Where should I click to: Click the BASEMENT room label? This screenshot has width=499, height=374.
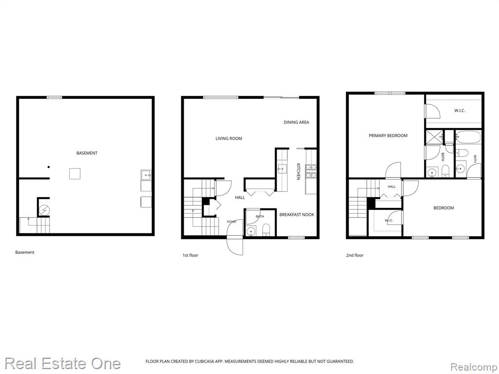87,153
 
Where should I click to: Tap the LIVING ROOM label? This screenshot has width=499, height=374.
229,138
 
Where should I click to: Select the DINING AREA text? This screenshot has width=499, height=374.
296,122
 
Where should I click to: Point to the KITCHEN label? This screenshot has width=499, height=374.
299,171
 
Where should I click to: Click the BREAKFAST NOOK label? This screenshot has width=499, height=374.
297,215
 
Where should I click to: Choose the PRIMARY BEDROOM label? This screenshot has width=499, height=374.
388,135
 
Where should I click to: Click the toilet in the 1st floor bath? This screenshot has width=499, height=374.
266,230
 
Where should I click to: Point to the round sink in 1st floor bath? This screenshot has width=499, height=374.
251,231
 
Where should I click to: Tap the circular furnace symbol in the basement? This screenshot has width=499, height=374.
43,210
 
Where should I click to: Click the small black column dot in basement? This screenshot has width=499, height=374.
49,167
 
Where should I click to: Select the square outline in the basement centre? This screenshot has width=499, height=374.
75,174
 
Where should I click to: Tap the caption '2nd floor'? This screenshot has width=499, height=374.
355,255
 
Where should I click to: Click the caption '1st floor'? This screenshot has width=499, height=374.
191,255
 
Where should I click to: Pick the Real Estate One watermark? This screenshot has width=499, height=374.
63,363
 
